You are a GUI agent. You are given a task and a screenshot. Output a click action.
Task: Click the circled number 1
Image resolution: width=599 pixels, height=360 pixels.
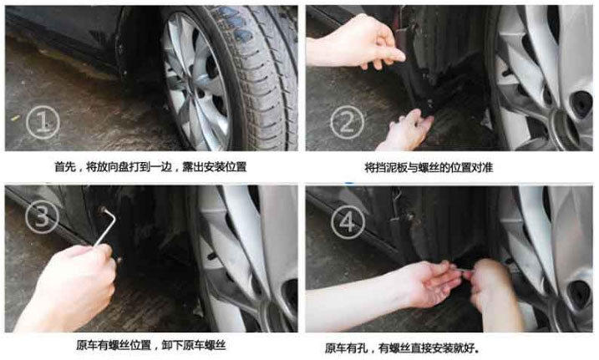[x=43, y=123]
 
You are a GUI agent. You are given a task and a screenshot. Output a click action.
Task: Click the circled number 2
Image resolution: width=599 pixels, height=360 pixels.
[x=347, y=122]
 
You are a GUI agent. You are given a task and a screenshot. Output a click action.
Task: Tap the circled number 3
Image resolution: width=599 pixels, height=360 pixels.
[x=42, y=217]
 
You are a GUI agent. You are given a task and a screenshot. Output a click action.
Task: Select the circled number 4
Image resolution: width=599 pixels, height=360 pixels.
[x=348, y=222]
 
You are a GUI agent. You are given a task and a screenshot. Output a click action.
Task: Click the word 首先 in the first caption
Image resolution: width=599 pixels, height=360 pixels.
[x=65, y=167]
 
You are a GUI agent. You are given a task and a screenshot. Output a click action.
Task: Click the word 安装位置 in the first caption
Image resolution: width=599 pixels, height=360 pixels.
[x=225, y=167]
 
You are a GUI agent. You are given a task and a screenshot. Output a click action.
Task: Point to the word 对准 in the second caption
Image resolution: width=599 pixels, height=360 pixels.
[x=483, y=167]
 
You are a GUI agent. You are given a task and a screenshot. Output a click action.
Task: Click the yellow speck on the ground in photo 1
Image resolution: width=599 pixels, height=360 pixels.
[x=14, y=118]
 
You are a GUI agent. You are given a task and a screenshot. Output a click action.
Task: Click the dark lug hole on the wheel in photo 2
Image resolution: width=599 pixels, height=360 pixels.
[x=581, y=104]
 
